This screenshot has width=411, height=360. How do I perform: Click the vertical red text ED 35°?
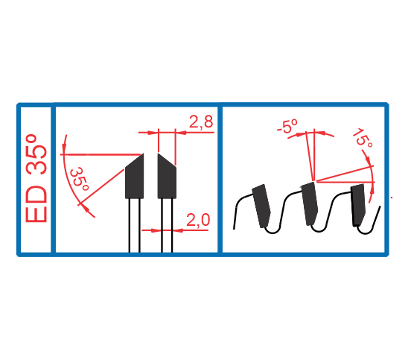click(36, 178)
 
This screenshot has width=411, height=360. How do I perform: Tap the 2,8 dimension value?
click(201, 121)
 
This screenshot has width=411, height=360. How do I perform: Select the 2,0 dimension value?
click(198, 220)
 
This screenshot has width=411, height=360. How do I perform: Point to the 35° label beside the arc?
click(80, 179)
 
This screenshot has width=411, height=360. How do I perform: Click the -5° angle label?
click(287, 126)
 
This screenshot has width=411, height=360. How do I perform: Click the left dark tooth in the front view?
click(135, 176)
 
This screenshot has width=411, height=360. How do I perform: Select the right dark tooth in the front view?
click(167, 176)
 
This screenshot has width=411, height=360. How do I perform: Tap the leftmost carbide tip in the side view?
click(261, 206)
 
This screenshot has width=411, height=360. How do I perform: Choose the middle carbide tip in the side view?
click(310, 203)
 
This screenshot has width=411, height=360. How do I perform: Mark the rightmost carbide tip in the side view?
click(358, 205)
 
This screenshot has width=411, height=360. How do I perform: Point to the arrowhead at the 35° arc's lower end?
click(85, 207)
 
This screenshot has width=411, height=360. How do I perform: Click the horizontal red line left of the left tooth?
click(101, 154)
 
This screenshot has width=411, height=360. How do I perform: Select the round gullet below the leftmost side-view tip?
click(273, 229)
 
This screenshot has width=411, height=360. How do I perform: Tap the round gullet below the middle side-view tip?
click(319, 228)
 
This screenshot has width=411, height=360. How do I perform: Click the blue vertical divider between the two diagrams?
click(220, 179)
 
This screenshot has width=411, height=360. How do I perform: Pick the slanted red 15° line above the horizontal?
click(345, 174)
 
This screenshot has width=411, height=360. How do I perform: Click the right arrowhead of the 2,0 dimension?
click(178, 230)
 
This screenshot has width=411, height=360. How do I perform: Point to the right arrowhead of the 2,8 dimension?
click(181, 133)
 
